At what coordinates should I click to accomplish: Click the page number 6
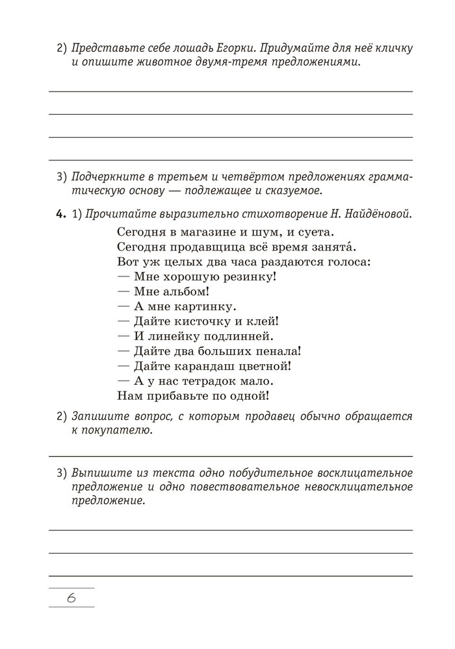coord(71,598)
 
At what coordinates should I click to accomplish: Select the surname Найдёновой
coord(376,215)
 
